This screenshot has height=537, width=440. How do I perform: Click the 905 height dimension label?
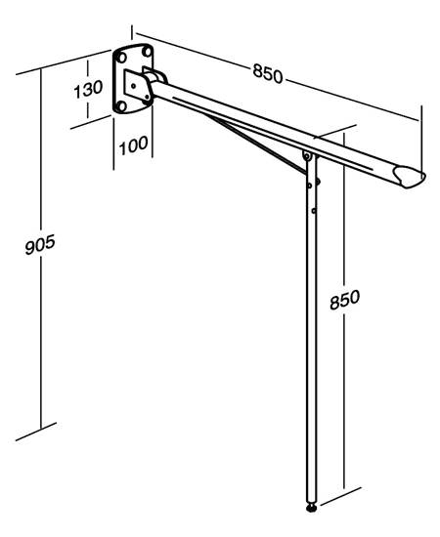point(40,244)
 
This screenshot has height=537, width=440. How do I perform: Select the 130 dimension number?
point(88,89)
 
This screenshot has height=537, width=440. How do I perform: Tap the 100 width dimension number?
point(133,145)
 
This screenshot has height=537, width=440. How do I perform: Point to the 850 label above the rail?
point(268,74)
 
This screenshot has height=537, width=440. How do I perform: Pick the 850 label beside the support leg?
point(344,299)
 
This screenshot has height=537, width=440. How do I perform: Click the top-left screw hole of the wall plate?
point(121,58)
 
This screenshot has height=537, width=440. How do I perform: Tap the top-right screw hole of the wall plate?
point(147,52)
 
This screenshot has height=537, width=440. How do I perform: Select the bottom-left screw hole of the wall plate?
point(120,106)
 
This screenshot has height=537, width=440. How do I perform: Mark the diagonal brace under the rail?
point(256,144)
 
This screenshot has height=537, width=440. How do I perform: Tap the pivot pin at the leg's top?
point(306,157)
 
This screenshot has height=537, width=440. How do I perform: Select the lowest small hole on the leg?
point(314,211)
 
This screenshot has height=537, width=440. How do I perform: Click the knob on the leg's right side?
point(318,182)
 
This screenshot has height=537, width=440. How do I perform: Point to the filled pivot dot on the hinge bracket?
point(148,101)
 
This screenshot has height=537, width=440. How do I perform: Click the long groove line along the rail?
point(273,133)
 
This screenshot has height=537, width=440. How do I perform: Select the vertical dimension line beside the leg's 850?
point(343,362)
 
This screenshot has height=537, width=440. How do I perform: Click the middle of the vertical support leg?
point(312,329)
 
